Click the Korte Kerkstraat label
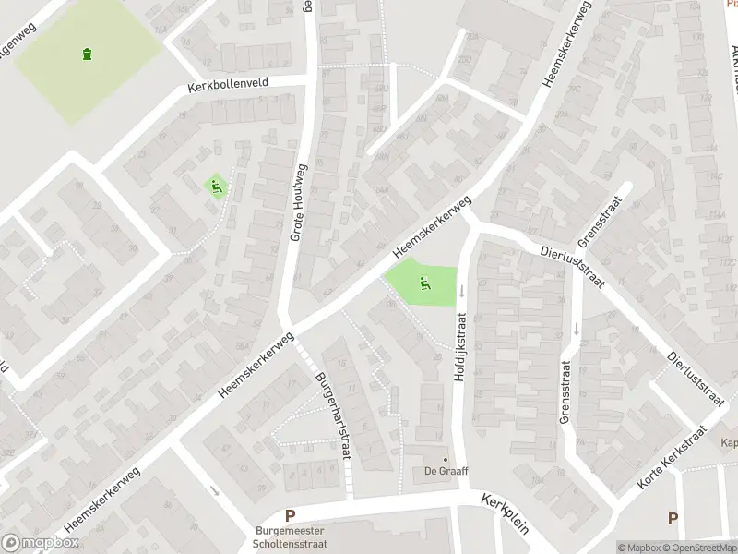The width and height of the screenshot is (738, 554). [x=672, y=459]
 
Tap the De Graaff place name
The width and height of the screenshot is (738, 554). [x=446, y=471]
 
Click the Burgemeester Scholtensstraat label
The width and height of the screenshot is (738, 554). [x=290, y=536]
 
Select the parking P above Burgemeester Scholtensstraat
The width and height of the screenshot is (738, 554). [x=290, y=516]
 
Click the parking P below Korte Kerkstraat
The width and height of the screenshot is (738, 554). [x=673, y=519]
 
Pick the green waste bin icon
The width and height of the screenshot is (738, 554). [x=88, y=54]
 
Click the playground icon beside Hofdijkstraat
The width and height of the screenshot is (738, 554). [x=424, y=283]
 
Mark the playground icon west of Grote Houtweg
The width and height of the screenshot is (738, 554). [x=217, y=187]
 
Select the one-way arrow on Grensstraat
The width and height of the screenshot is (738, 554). [x=577, y=329]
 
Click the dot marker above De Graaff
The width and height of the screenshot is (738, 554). [x=446, y=459]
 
